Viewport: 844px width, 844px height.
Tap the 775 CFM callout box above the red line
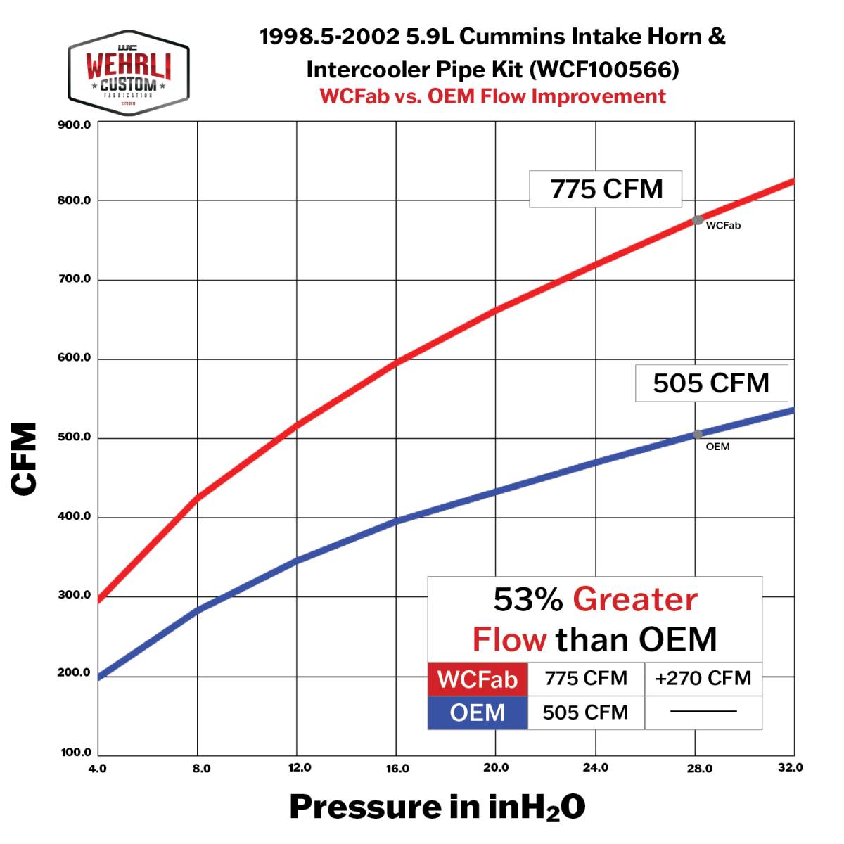[x=606, y=189]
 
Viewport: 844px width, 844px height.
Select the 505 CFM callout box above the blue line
[x=711, y=383]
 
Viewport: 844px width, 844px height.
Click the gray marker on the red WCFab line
[x=698, y=220]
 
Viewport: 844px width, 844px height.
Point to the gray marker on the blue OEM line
[x=698, y=435]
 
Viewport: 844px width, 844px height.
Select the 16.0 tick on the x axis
[x=397, y=768]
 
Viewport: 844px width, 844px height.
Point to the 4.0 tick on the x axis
[x=97, y=768]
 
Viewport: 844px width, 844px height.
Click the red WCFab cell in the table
[x=478, y=679]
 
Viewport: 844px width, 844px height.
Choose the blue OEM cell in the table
[x=478, y=712]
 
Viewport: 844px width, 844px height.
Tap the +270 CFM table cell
[x=703, y=679]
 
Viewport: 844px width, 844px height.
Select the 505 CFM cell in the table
[x=585, y=712]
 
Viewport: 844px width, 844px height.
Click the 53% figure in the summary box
[x=527, y=600]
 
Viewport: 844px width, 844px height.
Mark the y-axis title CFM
[x=25, y=459]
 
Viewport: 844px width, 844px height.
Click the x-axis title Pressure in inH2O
[x=437, y=807]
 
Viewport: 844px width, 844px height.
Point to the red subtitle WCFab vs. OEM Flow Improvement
[x=492, y=96]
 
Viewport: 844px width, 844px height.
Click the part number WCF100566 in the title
[x=603, y=69]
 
